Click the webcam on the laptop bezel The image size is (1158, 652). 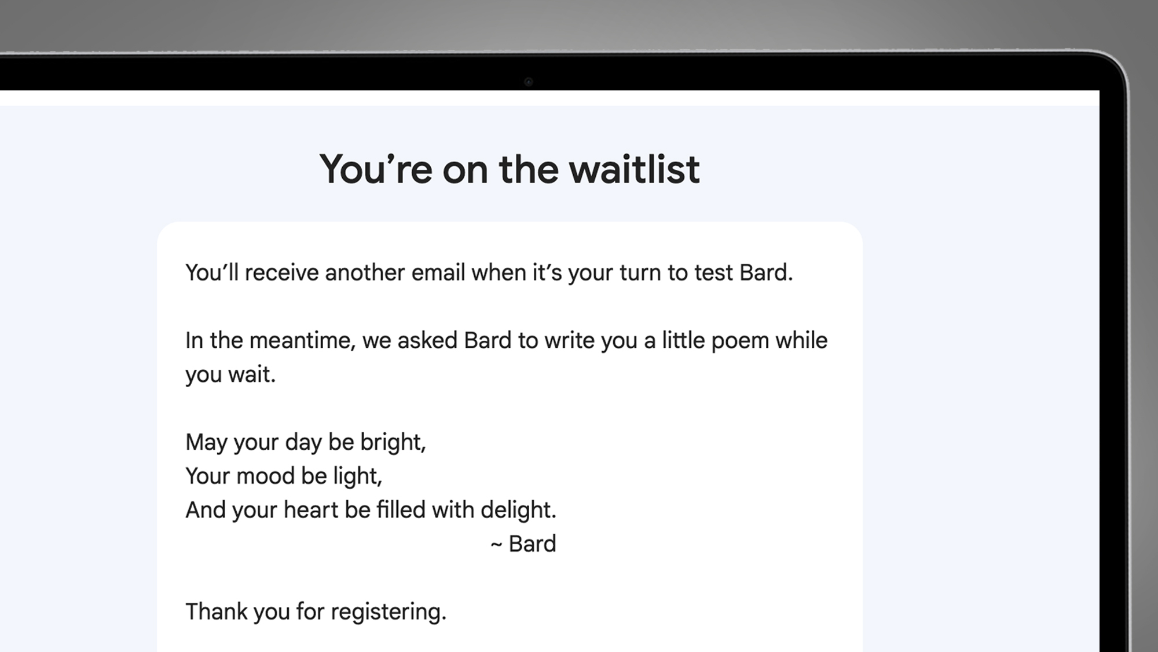click(528, 82)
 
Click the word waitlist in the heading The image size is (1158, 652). click(635, 169)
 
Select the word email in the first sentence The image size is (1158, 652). click(438, 272)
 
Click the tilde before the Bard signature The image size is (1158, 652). click(496, 545)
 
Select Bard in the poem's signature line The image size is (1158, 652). click(532, 544)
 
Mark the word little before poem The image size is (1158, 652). click(684, 340)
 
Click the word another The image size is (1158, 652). click(365, 272)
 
